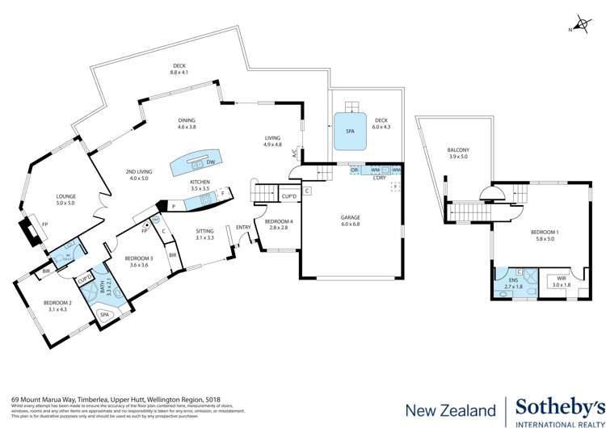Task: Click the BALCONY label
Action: (457, 150)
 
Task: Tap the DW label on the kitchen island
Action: (210, 162)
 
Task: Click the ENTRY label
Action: (242, 227)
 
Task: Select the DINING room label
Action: (187, 121)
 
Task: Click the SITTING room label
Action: (204, 231)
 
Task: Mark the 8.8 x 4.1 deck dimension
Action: (179, 73)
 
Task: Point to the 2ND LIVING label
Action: (139, 172)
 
